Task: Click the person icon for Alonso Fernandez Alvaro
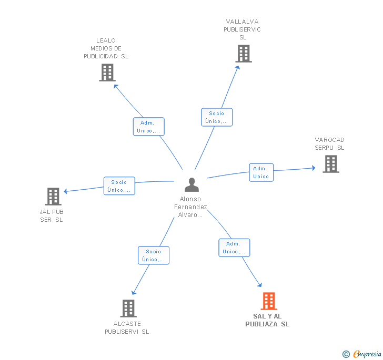[x=191, y=184]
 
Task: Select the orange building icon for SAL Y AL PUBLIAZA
[x=269, y=301]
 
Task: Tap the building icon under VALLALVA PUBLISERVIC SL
[x=244, y=54]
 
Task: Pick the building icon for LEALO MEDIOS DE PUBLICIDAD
[x=107, y=73]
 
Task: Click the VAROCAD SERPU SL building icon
[x=331, y=164]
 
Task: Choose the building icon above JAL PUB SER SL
[x=53, y=197]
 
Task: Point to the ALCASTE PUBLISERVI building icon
[x=128, y=308]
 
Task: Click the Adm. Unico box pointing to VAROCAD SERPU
[x=261, y=172]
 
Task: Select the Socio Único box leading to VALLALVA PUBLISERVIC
[x=217, y=117]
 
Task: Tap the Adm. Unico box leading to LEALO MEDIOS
[x=148, y=127]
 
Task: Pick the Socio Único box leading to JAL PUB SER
[x=119, y=186]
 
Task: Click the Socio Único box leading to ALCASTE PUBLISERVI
[x=154, y=255]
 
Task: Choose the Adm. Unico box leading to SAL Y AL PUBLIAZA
[x=234, y=248]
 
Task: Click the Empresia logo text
[x=367, y=354]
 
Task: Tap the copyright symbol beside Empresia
[x=346, y=354]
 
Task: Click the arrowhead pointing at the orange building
[x=260, y=285]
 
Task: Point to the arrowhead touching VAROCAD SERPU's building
[x=314, y=168]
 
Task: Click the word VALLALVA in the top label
[x=242, y=22]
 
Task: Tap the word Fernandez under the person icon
[x=190, y=207]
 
